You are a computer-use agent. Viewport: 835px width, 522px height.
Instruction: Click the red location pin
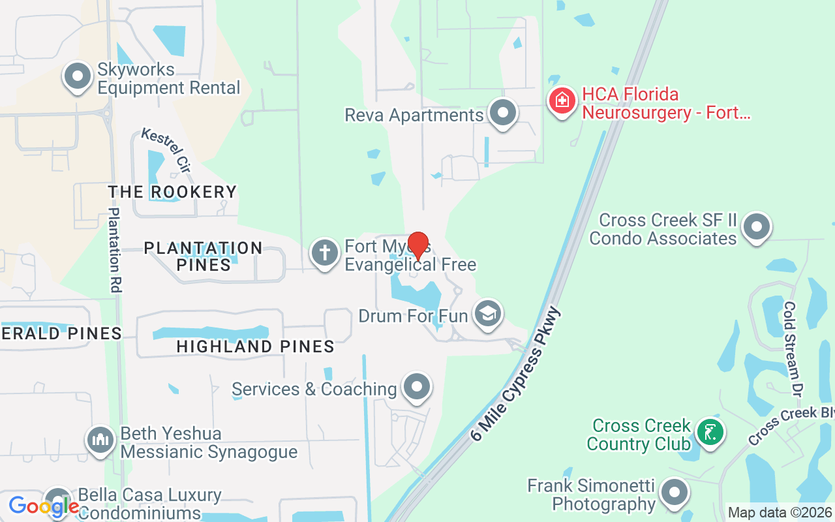point(417,245)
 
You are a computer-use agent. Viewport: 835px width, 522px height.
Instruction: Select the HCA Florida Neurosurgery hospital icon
point(561,101)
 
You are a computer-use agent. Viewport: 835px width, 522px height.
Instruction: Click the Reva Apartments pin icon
point(502,113)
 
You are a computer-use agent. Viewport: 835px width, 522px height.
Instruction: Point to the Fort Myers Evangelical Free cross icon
point(325,253)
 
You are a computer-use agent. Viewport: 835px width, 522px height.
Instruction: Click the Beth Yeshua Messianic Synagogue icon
point(100,440)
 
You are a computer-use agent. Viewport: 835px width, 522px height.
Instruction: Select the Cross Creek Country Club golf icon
point(710,432)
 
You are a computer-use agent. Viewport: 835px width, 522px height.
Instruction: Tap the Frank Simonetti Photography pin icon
point(674,493)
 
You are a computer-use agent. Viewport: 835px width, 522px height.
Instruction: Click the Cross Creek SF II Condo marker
point(757,227)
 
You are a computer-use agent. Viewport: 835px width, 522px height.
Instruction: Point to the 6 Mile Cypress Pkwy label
point(515,374)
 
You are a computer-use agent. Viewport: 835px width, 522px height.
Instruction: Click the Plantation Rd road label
point(115,249)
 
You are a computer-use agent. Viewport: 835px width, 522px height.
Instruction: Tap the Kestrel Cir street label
point(166,151)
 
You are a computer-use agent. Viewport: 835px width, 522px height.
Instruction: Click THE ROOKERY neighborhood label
point(172,192)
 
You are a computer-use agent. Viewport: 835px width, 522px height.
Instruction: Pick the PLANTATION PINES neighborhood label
point(203,256)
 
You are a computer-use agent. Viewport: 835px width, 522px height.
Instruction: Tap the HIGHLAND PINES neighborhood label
point(255,347)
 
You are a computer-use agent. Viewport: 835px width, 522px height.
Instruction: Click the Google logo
point(44,506)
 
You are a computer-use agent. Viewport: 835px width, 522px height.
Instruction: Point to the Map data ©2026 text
point(780,513)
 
